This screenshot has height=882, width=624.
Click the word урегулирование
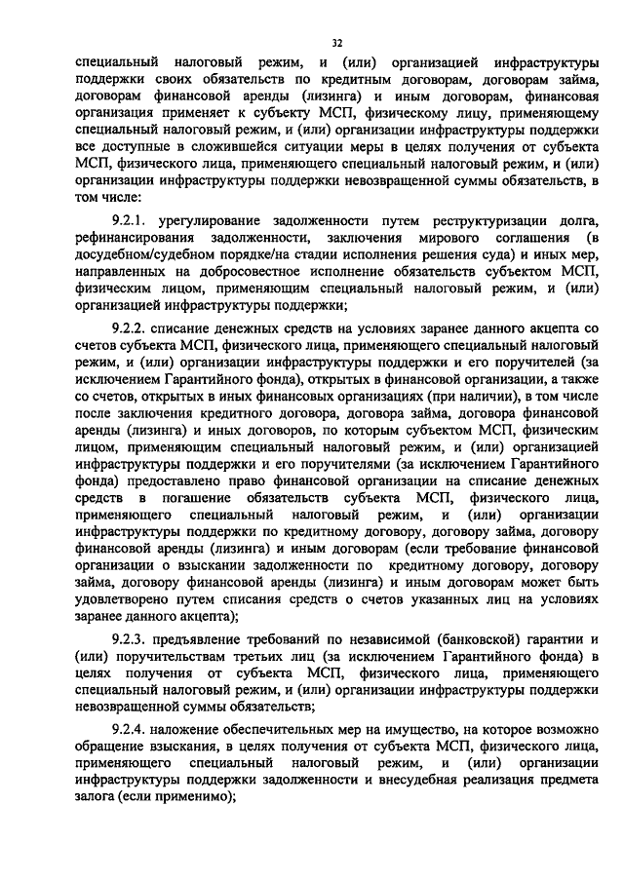click(215, 221)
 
